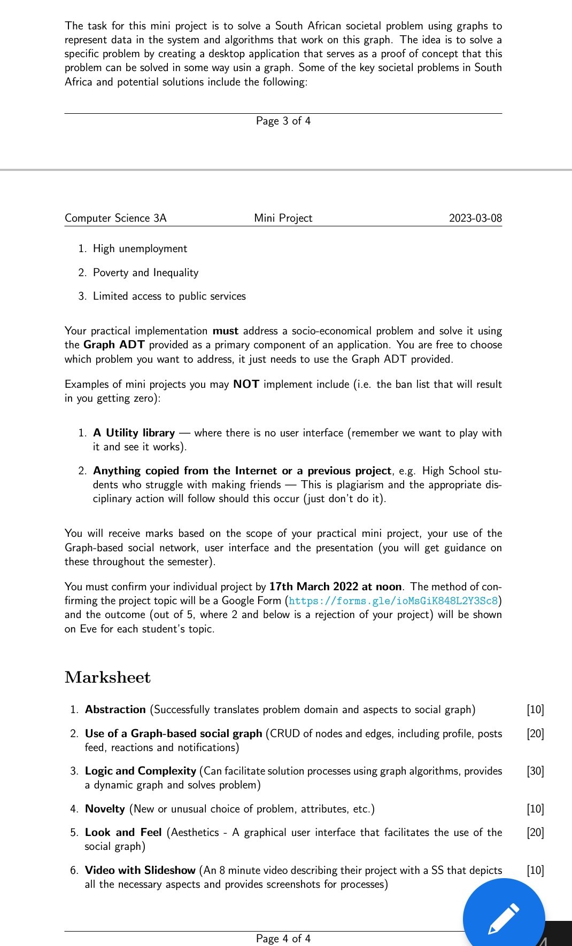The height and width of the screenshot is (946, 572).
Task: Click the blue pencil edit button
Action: (503, 919)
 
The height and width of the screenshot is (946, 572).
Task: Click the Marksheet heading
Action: (107, 677)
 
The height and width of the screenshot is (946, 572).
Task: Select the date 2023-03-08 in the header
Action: (475, 218)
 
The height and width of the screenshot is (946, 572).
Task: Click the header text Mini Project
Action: (283, 218)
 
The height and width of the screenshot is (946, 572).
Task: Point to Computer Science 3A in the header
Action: (115, 218)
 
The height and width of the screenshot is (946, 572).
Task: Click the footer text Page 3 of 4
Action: (283, 121)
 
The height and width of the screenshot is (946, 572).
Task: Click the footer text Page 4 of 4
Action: (283, 939)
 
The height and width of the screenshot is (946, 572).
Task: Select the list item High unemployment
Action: (140, 249)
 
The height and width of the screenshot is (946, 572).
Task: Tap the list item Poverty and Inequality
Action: (145, 273)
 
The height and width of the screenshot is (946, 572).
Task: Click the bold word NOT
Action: (246, 385)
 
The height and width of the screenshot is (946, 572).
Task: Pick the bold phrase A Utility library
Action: (134, 433)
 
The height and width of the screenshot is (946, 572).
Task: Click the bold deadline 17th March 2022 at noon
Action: (335, 587)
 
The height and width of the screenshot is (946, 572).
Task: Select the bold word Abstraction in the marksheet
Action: (115, 710)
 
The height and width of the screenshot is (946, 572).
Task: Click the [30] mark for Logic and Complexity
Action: (535, 771)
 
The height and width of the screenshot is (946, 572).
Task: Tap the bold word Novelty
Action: (105, 809)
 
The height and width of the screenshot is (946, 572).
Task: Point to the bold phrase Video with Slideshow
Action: (140, 871)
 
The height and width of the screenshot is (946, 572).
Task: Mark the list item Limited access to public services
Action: (169, 296)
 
